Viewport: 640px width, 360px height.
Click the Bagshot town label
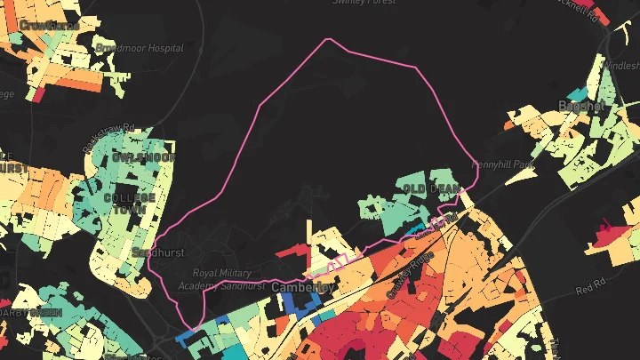[x=581, y=106]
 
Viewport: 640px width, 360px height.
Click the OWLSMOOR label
[x=143, y=157]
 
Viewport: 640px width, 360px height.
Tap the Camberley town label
[x=302, y=288]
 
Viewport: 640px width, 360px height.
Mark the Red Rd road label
[x=589, y=290]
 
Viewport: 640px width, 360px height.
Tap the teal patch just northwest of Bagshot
[x=578, y=92]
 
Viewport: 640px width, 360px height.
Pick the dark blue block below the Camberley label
[x=300, y=303]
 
